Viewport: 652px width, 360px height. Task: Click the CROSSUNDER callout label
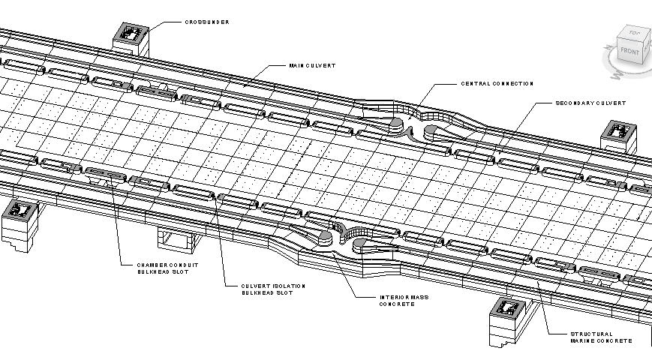coord(207,22)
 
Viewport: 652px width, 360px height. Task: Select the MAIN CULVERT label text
coord(311,66)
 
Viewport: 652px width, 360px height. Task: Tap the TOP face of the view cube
coord(635,34)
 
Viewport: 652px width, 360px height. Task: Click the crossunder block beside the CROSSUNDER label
coord(131,35)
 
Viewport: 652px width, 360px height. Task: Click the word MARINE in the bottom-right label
coord(587,341)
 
